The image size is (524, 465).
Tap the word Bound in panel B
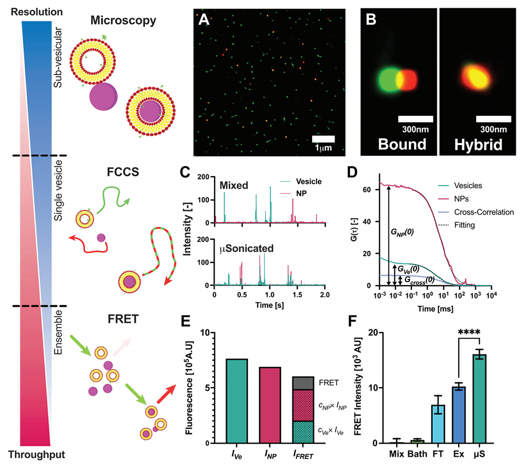[407, 144]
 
